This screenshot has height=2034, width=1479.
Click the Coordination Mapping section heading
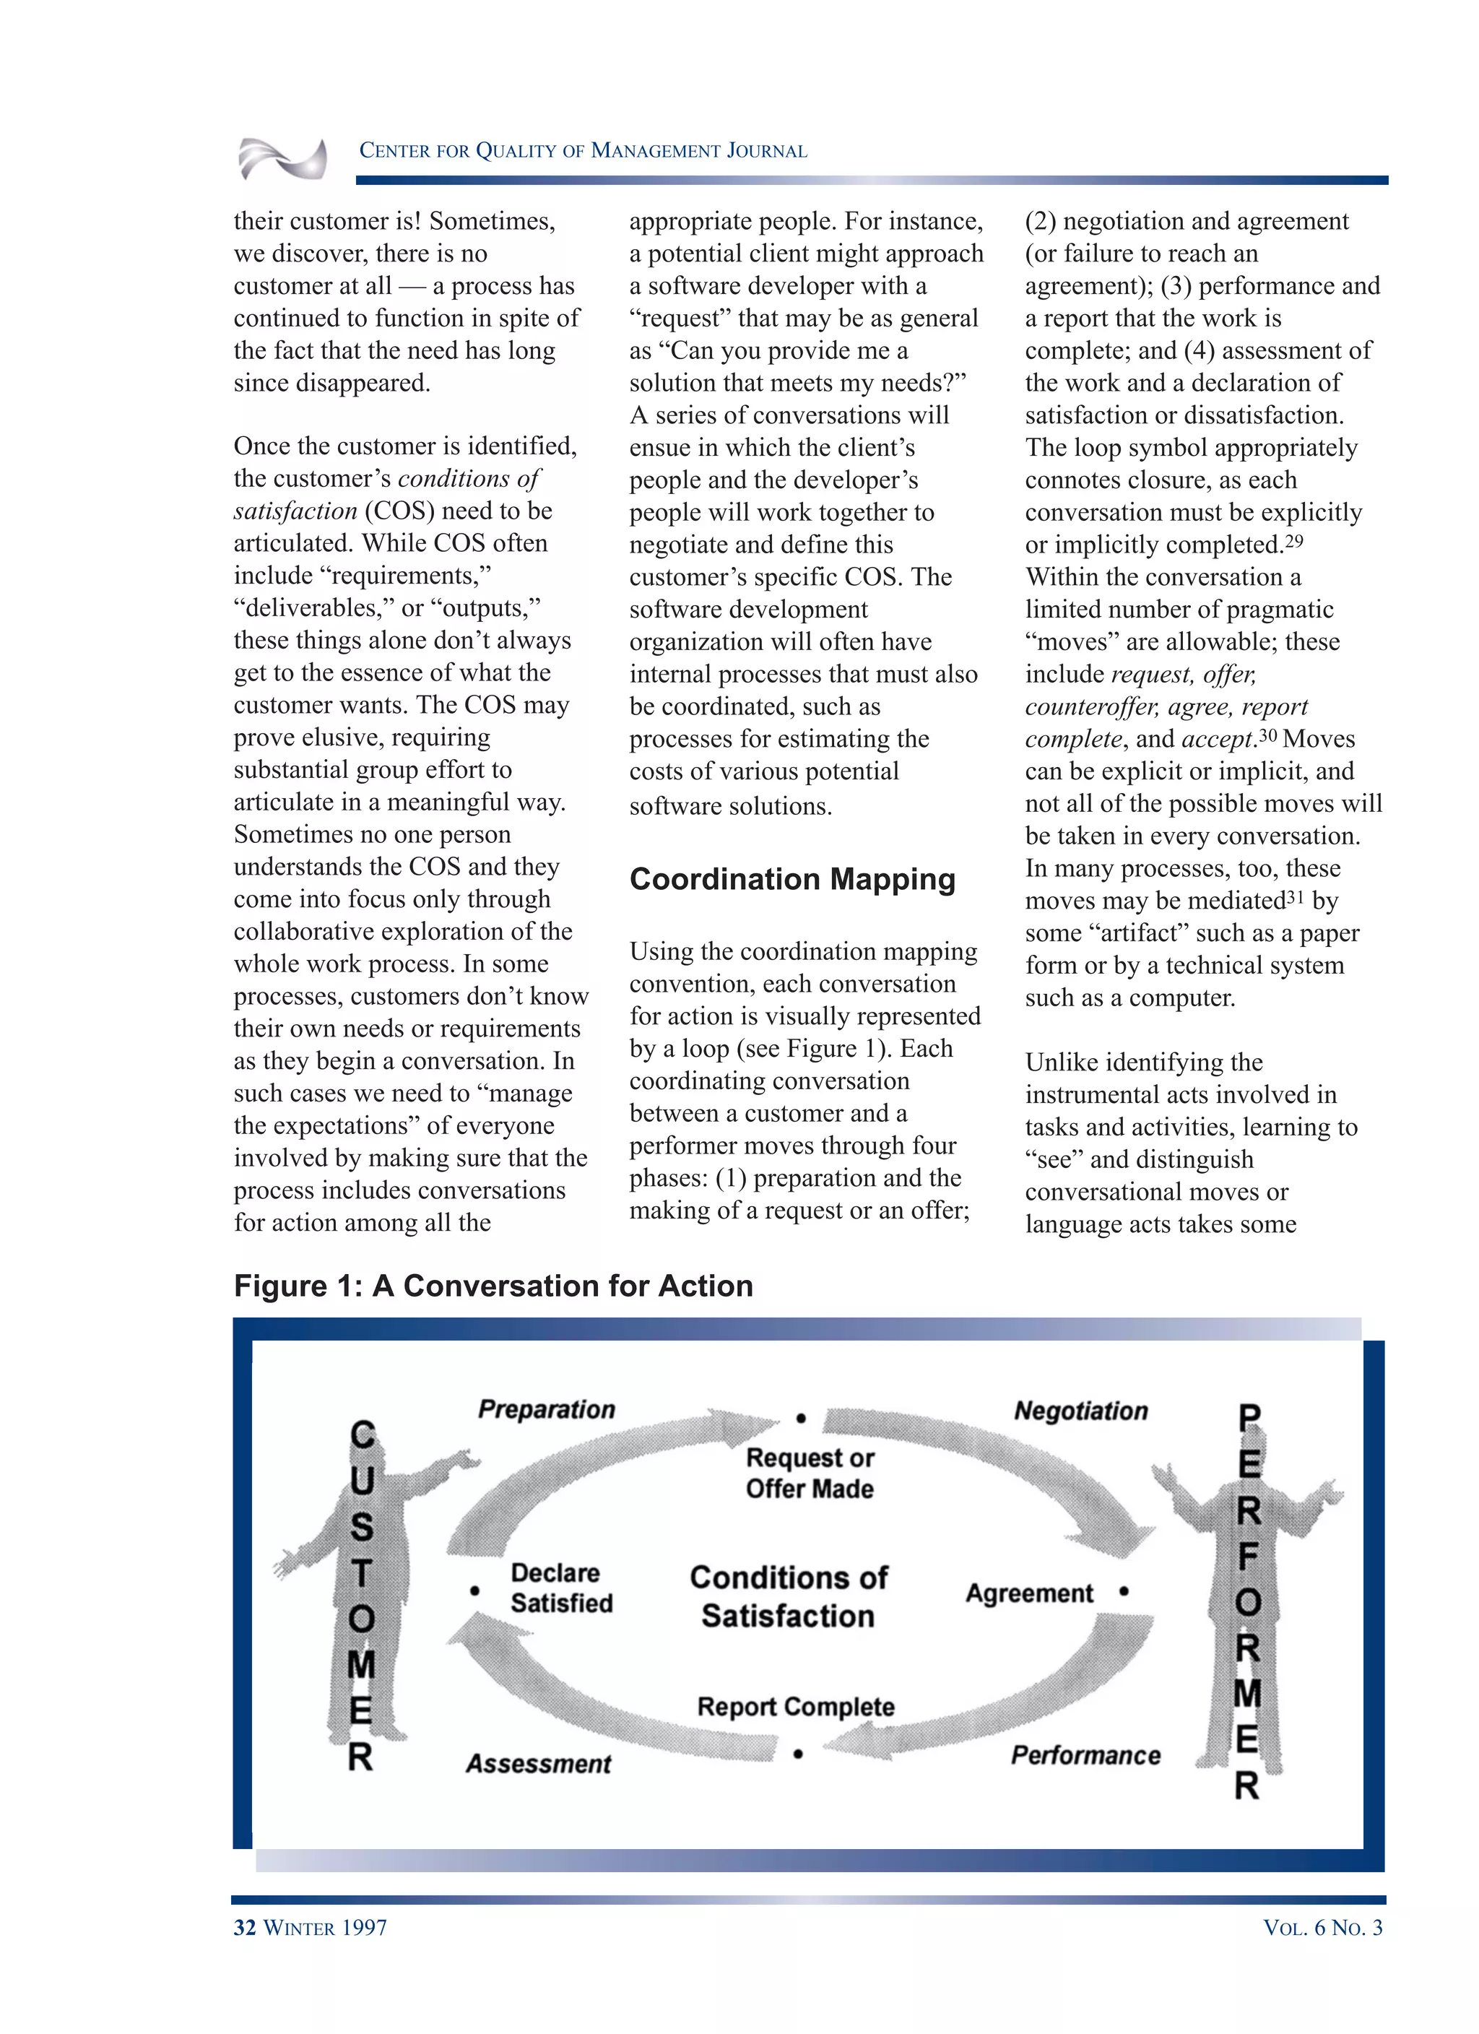[x=792, y=879]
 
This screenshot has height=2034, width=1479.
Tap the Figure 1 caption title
[x=493, y=1285]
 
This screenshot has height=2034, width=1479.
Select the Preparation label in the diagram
[x=546, y=1409]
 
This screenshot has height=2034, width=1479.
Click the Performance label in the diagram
[x=1085, y=1755]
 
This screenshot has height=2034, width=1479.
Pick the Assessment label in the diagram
[x=538, y=1763]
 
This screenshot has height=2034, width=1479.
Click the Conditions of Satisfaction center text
[x=789, y=1596]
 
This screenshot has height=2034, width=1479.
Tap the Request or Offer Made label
[x=809, y=1473]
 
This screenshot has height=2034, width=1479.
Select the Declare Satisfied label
[x=561, y=1588]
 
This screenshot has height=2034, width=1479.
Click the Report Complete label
[x=796, y=1706]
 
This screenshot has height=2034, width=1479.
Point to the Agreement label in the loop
[x=1029, y=1593]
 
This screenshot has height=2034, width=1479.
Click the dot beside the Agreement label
[x=1124, y=1592]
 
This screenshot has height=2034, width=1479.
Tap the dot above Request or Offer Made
[x=801, y=1418]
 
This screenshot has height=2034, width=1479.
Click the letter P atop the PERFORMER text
[x=1249, y=1418]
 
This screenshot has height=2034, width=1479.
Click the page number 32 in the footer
[x=245, y=1927]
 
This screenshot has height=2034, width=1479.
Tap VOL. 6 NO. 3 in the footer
[x=1322, y=1927]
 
